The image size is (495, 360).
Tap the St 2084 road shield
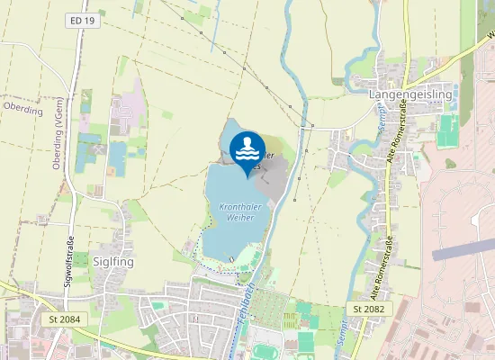click(59, 319)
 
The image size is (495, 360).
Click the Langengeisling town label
click(412, 93)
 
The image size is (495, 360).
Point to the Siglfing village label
click(113, 260)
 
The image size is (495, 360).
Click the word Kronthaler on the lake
click(239, 207)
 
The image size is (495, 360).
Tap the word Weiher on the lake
click(237, 219)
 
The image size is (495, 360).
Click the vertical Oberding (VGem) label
click(57, 155)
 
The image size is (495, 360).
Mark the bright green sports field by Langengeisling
click(446, 131)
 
